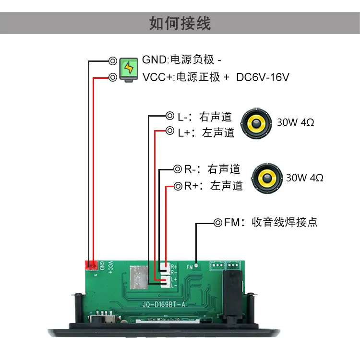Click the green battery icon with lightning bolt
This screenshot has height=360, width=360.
129,70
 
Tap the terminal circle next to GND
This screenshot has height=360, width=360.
113,61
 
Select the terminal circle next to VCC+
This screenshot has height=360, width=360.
113,77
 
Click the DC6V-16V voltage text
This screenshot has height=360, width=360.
263,77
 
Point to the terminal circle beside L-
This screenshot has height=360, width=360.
170,116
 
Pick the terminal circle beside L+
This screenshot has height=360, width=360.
170,131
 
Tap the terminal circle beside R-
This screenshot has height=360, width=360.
178,169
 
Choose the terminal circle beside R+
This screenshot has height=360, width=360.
178,186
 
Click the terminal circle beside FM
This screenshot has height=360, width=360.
218,222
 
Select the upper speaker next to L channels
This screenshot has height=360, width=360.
256,123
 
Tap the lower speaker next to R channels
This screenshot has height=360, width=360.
267,178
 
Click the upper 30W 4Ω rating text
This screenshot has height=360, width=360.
296,122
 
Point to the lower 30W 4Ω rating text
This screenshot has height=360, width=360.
305,178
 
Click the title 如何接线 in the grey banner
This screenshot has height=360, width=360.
180,23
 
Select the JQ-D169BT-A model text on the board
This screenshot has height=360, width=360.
164,305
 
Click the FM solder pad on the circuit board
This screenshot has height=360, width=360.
196,265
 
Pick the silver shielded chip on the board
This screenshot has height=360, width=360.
139,277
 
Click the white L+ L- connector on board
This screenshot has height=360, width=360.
165,282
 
